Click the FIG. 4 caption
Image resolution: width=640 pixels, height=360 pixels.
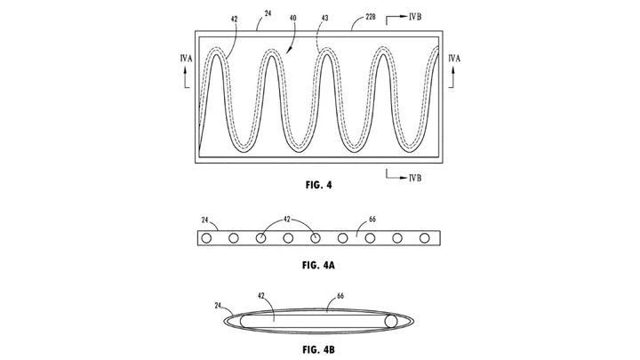[x=319, y=185]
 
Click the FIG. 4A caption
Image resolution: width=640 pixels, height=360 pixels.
[x=318, y=265]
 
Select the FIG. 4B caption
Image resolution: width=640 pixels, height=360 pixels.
[x=319, y=350]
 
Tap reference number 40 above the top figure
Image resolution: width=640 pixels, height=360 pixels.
[x=292, y=18]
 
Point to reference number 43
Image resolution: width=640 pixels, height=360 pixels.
[x=325, y=18]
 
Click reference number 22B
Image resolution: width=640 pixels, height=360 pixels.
[x=370, y=17]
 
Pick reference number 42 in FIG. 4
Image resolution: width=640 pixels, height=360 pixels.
[x=234, y=19]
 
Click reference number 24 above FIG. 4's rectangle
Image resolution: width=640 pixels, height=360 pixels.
[x=268, y=13]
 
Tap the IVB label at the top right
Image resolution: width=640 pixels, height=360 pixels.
[x=415, y=17]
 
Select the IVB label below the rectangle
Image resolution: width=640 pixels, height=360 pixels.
[x=415, y=178]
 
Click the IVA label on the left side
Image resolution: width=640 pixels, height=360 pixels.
[x=186, y=59]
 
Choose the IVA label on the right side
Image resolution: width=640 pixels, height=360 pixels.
[x=454, y=59]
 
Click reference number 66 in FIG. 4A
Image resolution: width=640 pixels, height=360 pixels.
[x=372, y=220]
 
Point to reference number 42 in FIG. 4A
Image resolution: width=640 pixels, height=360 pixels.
[x=287, y=220]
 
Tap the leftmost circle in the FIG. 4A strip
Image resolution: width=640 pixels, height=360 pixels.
[x=206, y=238]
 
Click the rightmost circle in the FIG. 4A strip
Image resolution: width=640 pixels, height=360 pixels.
[x=425, y=238]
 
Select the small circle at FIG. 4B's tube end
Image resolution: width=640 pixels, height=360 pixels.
[x=391, y=321]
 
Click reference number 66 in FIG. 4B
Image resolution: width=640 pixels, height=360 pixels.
[x=340, y=295]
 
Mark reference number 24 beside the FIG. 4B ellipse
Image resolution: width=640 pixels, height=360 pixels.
[x=218, y=305]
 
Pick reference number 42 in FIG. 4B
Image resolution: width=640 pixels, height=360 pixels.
[x=261, y=295]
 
